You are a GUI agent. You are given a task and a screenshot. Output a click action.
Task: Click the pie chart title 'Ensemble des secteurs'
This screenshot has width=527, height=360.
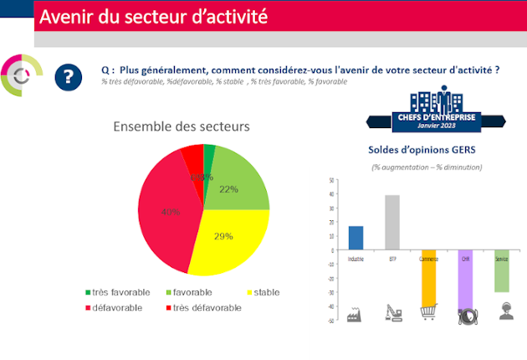(182, 126)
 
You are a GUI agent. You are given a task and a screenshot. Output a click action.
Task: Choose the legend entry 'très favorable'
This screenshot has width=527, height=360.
(117, 292)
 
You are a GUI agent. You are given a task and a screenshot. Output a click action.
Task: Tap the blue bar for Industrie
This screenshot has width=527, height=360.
(356, 238)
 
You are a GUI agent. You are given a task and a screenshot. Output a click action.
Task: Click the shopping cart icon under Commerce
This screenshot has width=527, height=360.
(428, 311)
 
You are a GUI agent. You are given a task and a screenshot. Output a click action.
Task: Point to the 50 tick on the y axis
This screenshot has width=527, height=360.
(332, 180)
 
